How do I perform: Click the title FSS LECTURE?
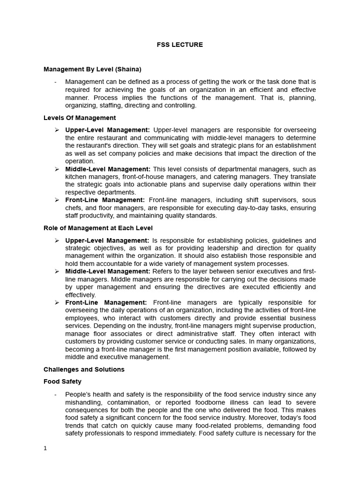(180, 45)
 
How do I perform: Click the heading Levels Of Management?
(80, 118)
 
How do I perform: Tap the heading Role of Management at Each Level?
(98, 228)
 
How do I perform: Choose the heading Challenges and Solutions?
(84, 369)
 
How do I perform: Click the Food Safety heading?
(62, 382)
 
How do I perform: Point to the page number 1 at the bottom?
(45, 448)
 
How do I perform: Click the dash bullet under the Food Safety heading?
(55, 394)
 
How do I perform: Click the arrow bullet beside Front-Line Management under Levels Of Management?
(57, 200)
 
